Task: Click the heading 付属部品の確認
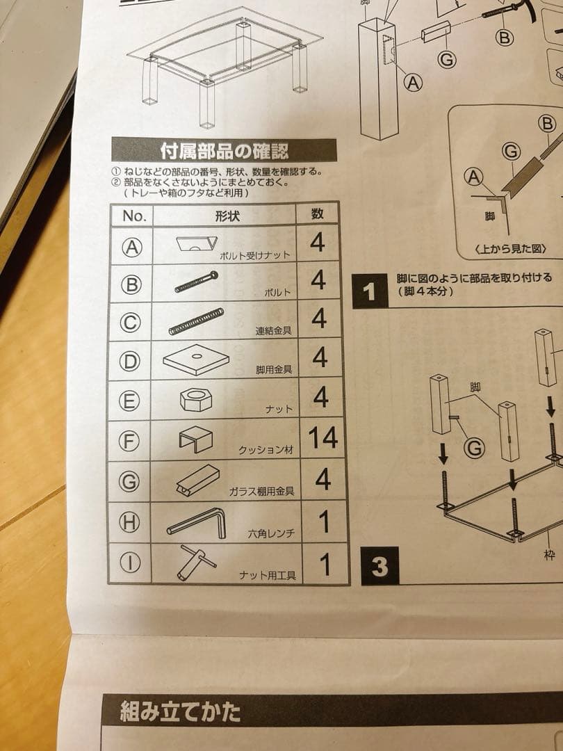pos(224,150)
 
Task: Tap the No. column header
pos(134,216)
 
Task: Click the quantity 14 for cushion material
pos(323,438)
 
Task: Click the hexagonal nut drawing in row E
pos(195,400)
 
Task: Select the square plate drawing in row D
pos(197,359)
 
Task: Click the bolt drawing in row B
pos(196,282)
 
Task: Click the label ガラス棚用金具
pos(261,491)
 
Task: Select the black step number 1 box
pos(369,291)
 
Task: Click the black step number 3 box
pos(379,566)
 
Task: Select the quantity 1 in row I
pos(324,565)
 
